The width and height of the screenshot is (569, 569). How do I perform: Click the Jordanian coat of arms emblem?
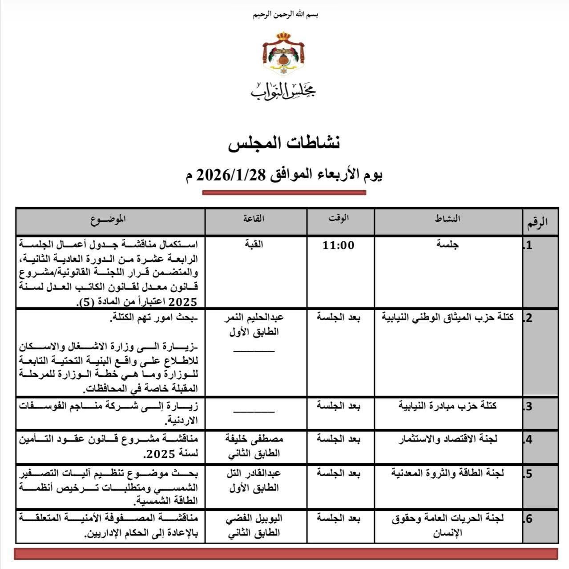coord(283,53)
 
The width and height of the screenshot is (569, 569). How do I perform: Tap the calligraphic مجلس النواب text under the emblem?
coord(283,91)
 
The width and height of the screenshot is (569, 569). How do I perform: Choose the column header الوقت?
coord(339,218)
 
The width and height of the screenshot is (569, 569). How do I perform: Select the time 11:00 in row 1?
coord(339,245)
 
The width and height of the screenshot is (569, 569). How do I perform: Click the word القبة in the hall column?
coord(254,244)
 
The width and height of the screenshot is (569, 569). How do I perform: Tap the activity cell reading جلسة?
coord(448,244)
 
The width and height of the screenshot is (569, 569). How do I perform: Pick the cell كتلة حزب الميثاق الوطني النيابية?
coord(448,317)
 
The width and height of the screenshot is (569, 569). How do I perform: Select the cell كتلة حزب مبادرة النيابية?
coord(448,405)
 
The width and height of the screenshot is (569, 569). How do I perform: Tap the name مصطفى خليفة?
coord(254,439)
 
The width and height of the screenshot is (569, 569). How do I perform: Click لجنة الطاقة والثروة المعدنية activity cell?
coord(448,473)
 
